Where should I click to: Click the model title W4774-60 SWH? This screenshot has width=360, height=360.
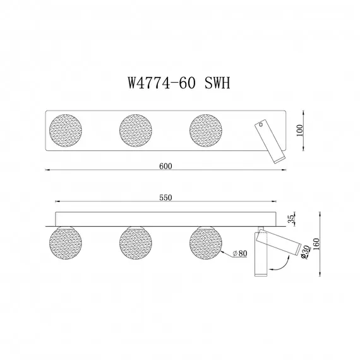(179, 83)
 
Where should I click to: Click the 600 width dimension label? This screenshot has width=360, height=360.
(165, 166)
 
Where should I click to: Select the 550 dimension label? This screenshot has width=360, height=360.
(165, 198)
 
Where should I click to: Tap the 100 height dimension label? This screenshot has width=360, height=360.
(299, 130)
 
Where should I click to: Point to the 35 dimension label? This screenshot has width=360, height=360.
(291, 219)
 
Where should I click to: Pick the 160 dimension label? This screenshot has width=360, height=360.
(316, 244)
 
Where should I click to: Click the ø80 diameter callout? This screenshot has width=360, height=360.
(240, 253)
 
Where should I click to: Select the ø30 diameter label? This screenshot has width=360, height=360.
(305, 252)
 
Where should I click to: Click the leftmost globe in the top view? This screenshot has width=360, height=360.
(66, 130)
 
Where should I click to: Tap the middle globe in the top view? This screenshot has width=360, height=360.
(136, 130)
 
